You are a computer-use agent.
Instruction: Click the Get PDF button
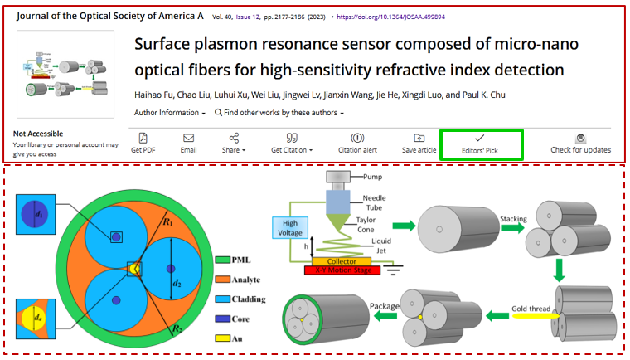tap(143, 143)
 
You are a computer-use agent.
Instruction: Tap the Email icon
tap(188, 143)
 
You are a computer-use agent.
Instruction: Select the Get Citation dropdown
tap(292, 143)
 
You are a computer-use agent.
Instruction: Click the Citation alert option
tap(357, 143)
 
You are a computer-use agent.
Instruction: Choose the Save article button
tap(419, 143)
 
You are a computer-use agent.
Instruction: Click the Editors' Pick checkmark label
tap(480, 144)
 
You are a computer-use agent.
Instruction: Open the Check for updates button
tap(580, 143)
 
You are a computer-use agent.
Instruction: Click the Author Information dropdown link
tap(170, 112)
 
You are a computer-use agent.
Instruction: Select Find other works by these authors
tap(279, 112)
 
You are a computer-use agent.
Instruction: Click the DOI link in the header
tap(386, 16)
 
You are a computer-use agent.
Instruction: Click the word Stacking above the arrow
tap(514, 219)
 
